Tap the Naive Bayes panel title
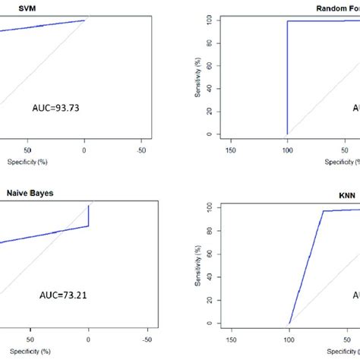[27, 193]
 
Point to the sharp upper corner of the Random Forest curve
[288, 21]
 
